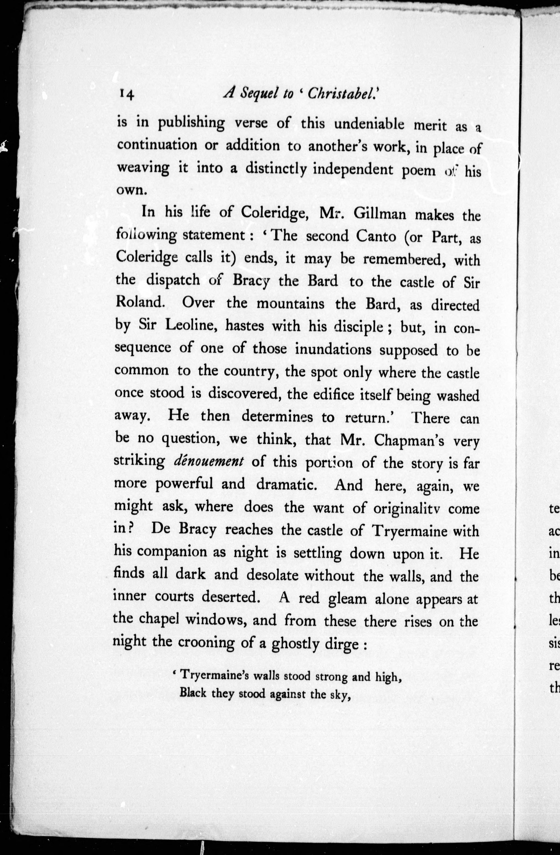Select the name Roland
pos(140,302)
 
